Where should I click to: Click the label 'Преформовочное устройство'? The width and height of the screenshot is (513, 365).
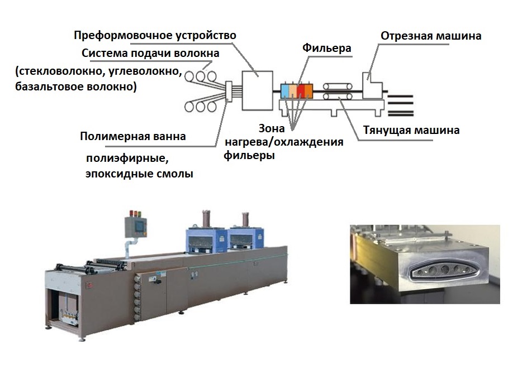(155, 35)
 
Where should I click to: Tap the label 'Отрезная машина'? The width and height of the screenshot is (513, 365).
(431, 36)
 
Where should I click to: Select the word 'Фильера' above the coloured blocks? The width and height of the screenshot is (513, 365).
(327, 49)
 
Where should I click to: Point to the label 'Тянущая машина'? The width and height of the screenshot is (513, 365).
(418, 131)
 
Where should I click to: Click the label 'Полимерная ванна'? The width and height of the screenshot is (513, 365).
(132, 137)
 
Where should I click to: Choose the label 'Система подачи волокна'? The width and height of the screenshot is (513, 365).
(150, 54)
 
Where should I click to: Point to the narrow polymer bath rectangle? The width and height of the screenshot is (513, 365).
(228, 93)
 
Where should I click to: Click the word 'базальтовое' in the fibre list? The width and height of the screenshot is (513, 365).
(46, 87)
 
